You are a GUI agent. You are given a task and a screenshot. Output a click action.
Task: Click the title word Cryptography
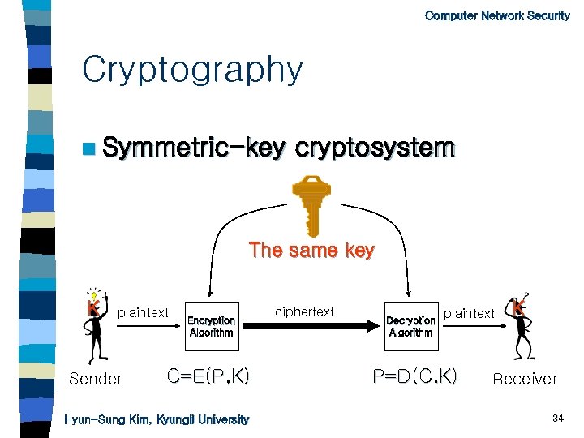[x=192, y=71]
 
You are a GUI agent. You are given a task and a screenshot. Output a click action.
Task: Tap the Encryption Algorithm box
[x=211, y=326]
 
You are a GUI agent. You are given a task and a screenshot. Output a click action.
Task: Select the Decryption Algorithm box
[x=410, y=326]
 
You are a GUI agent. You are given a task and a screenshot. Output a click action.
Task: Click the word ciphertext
[x=304, y=311]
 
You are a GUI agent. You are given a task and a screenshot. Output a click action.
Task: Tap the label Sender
[x=96, y=379]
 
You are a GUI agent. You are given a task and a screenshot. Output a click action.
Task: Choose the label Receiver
[x=525, y=379]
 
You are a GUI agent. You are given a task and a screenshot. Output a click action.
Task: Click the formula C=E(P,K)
[x=208, y=376]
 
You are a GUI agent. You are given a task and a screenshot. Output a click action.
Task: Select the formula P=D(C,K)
[x=414, y=376]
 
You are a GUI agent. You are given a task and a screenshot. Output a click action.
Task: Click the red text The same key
[x=311, y=251]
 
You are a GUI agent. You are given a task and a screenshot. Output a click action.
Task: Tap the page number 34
[x=557, y=419]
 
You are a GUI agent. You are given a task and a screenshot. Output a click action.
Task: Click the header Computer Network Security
[x=496, y=15]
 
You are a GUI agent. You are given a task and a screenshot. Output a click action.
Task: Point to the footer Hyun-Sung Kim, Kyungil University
[x=157, y=419]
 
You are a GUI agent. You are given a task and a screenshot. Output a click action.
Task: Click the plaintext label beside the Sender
[x=144, y=313]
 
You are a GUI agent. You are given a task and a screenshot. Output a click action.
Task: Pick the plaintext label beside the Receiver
[x=468, y=313]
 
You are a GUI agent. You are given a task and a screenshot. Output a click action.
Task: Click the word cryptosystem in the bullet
[x=375, y=149]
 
